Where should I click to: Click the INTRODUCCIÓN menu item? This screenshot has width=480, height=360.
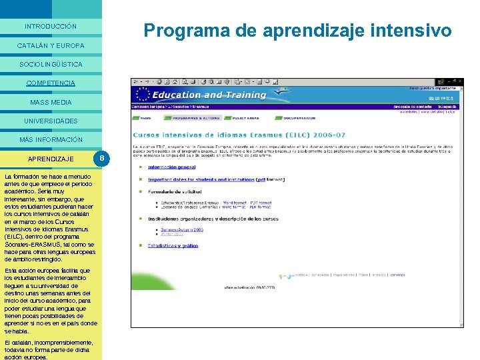[x=51, y=27]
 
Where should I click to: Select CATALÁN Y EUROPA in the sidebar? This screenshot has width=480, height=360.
[x=51, y=46]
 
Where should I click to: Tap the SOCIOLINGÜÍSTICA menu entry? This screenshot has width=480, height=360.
[x=51, y=65]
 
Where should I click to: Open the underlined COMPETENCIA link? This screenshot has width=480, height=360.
[x=51, y=83]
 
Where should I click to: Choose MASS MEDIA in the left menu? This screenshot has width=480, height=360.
[x=51, y=103]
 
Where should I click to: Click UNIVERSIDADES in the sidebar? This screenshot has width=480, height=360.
[x=51, y=121]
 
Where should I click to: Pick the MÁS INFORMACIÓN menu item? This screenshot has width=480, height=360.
[x=51, y=140]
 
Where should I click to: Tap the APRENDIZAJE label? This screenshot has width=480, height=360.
[x=51, y=159]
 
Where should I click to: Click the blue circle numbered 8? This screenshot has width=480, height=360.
[x=101, y=159]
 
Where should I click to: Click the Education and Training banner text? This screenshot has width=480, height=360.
[x=209, y=95]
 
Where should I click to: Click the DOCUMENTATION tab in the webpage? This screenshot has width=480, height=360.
[x=299, y=118]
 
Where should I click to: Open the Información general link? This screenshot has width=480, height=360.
[x=171, y=167]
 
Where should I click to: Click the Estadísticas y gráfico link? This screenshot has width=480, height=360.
[x=173, y=245]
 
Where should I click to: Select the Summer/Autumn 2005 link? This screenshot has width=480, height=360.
[x=182, y=230]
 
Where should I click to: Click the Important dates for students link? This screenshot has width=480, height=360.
[x=200, y=179]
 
